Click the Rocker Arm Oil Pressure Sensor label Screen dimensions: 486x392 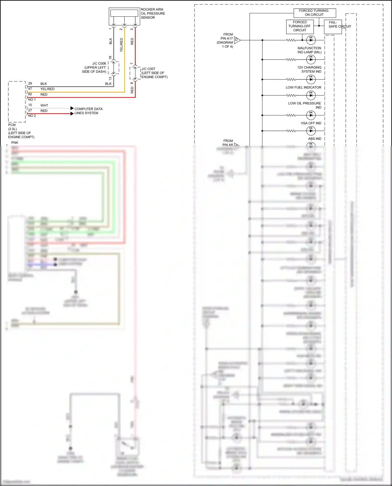click(x=153, y=14)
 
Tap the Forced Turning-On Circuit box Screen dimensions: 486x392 click(x=315, y=13)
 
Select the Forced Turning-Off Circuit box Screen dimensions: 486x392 click(x=299, y=26)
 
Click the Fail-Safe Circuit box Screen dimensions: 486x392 click(x=333, y=27)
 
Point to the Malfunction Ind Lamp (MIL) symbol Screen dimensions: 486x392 click(x=311, y=40)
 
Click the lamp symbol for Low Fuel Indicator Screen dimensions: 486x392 click(x=311, y=79)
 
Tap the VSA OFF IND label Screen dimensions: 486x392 click(x=311, y=123)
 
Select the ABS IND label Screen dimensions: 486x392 click(x=314, y=139)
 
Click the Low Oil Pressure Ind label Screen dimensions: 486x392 click(x=305, y=105)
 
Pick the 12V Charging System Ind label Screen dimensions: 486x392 click(x=309, y=69)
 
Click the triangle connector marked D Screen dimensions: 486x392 click(x=237, y=40)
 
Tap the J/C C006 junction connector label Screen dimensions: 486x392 click(x=94, y=67)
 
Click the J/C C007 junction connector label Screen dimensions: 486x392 click(x=154, y=73)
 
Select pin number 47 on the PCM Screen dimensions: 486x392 click(x=30, y=89)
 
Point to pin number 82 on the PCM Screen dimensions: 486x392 click(x=30, y=94)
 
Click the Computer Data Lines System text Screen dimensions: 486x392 click(x=88, y=111)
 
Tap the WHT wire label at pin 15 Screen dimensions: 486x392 click(x=44, y=106)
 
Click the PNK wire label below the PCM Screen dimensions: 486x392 click(x=15, y=143)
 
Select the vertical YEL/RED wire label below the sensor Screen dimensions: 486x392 click(x=121, y=45)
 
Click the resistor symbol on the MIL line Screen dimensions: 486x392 click(x=291, y=40)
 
